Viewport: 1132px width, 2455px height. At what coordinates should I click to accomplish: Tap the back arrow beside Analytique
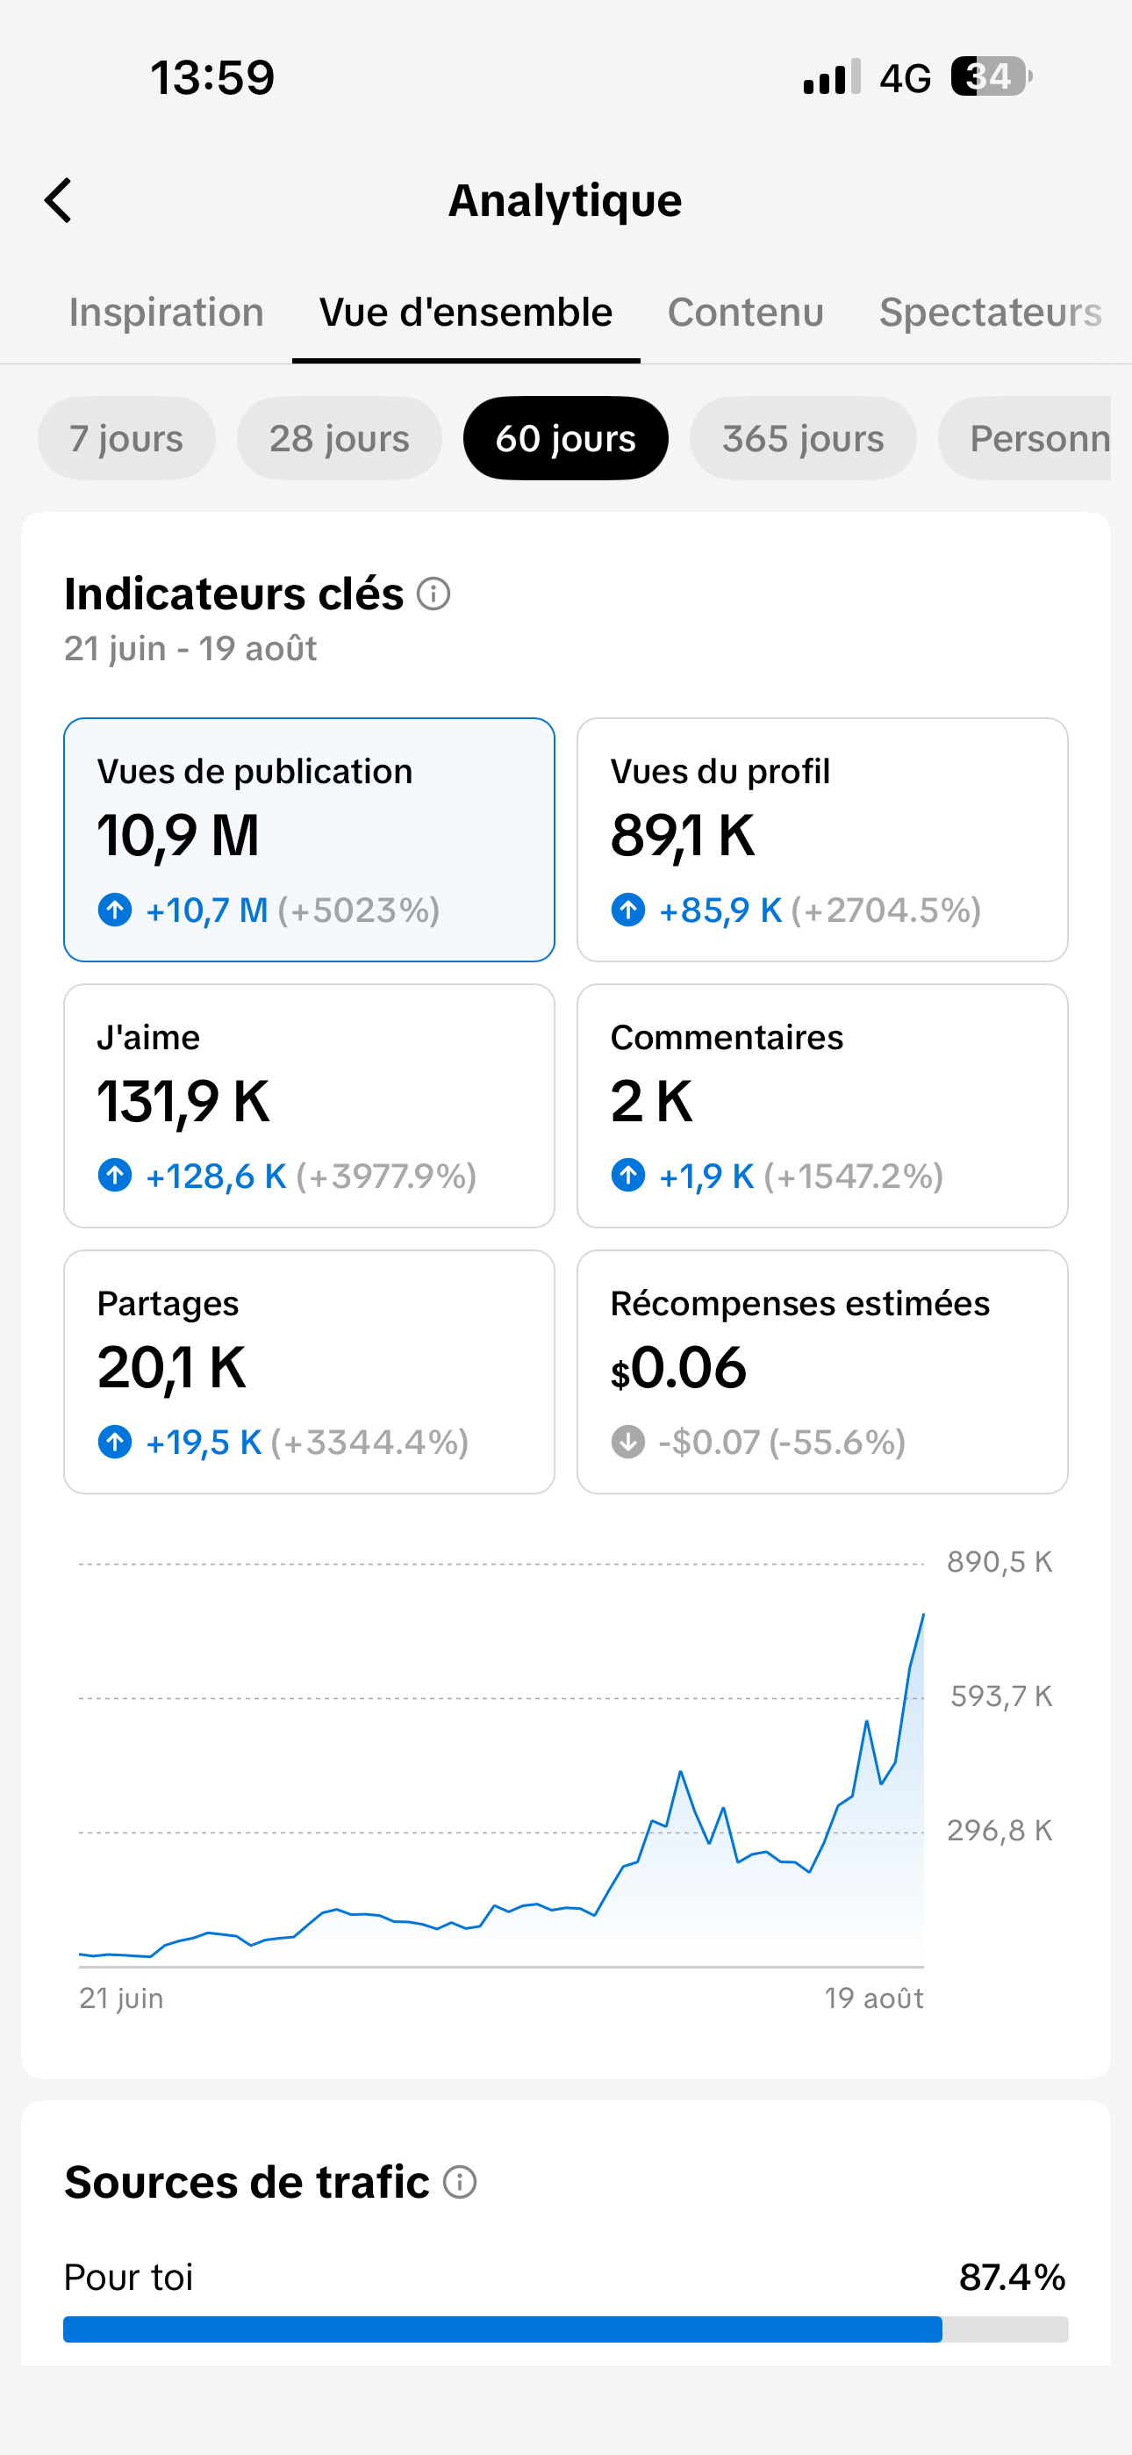(58, 200)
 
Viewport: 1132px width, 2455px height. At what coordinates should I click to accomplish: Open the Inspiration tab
(167, 313)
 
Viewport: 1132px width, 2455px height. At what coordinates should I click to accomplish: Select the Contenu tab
(746, 313)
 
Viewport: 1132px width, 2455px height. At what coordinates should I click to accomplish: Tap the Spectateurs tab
(990, 313)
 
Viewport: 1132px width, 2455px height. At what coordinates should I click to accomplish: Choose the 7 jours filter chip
(126, 438)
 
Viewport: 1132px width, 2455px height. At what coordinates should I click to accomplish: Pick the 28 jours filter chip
(340, 438)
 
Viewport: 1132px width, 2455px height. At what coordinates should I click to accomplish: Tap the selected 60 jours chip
(566, 438)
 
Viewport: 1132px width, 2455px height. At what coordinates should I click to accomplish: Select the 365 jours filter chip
(803, 438)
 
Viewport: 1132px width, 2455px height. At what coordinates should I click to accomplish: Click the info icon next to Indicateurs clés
(433, 594)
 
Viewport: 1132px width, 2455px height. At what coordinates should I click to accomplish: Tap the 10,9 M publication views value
(178, 836)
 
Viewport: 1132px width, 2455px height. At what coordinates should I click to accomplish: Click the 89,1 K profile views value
(684, 836)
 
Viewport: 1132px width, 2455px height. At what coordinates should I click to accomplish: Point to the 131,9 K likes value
(184, 1102)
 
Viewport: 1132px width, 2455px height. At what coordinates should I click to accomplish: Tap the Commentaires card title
(727, 1037)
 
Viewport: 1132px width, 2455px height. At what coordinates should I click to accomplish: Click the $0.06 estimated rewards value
(678, 1368)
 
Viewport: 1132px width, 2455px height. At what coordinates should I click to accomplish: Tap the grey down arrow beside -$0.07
(628, 1442)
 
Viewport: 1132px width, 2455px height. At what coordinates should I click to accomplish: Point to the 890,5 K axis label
(999, 1561)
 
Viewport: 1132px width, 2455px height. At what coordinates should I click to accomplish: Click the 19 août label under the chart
(874, 1998)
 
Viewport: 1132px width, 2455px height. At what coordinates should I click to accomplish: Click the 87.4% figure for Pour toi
(1012, 2277)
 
